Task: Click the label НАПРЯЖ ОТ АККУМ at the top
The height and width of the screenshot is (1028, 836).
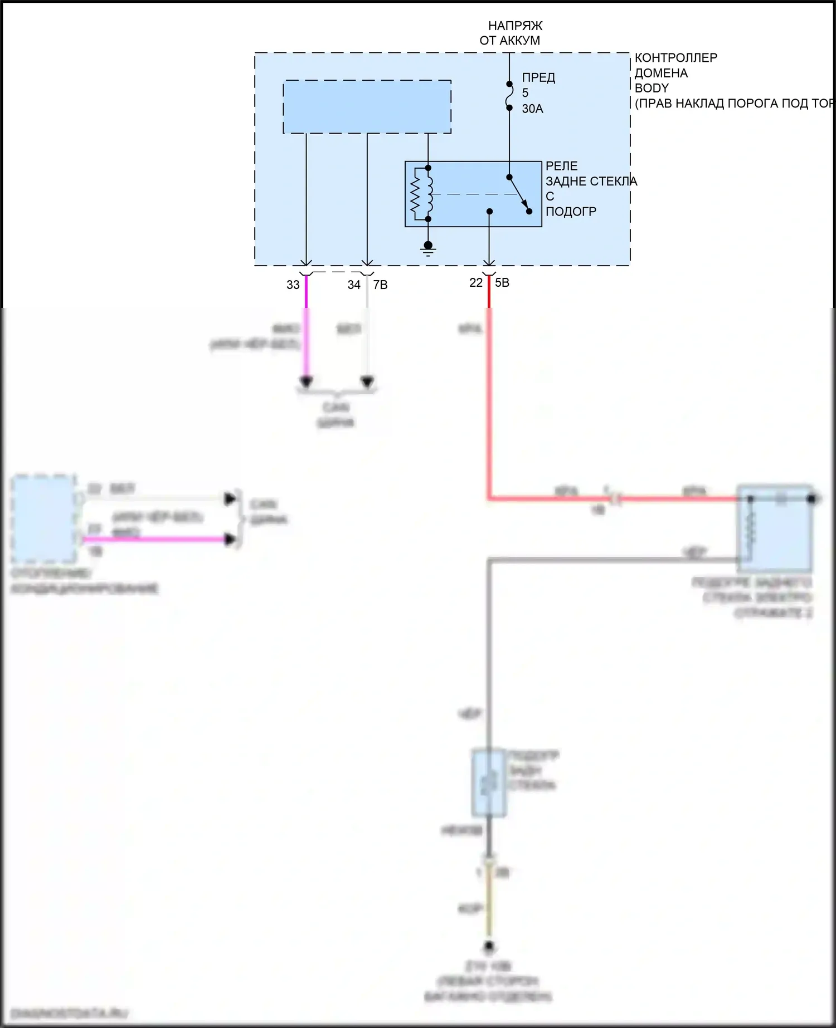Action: [x=510, y=33]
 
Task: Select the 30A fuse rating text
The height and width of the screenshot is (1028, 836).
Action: [x=532, y=109]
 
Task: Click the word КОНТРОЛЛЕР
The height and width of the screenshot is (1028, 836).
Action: [x=675, y=58]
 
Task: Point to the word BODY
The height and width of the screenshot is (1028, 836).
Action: [x=651, y=88]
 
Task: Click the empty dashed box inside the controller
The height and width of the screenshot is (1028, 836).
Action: [x=367, y=106]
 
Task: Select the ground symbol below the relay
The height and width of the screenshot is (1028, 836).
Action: [x=428, y=248]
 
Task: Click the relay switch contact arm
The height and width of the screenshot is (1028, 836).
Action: [x=519, y=194]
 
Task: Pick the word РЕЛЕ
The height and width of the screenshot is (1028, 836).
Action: [x=561, y=166]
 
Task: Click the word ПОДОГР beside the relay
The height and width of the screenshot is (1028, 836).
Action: [x=571, y=212]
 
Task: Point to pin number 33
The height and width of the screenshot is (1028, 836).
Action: [x=293, y=285]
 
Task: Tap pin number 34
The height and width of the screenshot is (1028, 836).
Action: [x=354, y=285]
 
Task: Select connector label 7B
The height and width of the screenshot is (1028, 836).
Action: [x=380, y=285]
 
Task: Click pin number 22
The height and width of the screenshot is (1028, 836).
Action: [x=475, y=283]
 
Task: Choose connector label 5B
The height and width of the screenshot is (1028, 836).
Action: [x=502, y=283]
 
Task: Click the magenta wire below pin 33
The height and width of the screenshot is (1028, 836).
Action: [x=306, y=334]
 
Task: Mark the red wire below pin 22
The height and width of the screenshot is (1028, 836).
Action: [x=489, y=390]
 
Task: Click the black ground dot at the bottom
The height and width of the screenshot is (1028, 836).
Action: [x=489, y=946]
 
